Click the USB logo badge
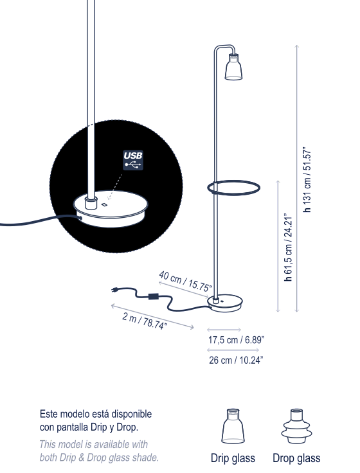[133, 160]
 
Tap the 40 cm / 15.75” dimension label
[185, 281]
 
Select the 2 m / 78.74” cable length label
[145, 321]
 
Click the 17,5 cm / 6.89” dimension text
[236, 340]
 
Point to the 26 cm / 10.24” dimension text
[236, 360]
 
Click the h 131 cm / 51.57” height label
[307, 180]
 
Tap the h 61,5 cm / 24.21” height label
[288, 247]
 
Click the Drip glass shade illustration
[233, 426]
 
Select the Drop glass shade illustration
[296, 426]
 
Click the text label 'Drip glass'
[233, 458]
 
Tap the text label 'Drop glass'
[296, 458]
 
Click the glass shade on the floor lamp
[233, 67]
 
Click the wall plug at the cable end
[114, 290]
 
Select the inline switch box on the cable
[154, 296]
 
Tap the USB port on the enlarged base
[104, 205]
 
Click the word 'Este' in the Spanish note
[48, 414]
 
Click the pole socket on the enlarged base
[91, 202]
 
